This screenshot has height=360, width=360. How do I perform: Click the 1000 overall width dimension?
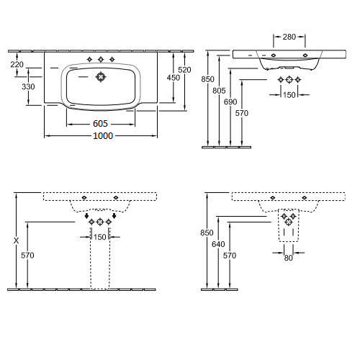(103, 136)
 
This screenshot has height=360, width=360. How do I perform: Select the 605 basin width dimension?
(100, 124)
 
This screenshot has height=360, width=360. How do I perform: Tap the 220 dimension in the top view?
(17, 64)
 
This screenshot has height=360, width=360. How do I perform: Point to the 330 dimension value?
(28, 86)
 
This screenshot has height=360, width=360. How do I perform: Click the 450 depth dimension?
(174, 78)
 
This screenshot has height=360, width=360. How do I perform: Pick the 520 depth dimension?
(184, 70)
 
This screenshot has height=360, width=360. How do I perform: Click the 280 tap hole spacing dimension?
(289, 37)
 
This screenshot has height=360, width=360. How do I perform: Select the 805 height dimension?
(219, 91)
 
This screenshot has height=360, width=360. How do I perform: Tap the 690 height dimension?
(230, 102)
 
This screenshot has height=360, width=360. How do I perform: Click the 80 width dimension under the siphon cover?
(288, 258)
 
